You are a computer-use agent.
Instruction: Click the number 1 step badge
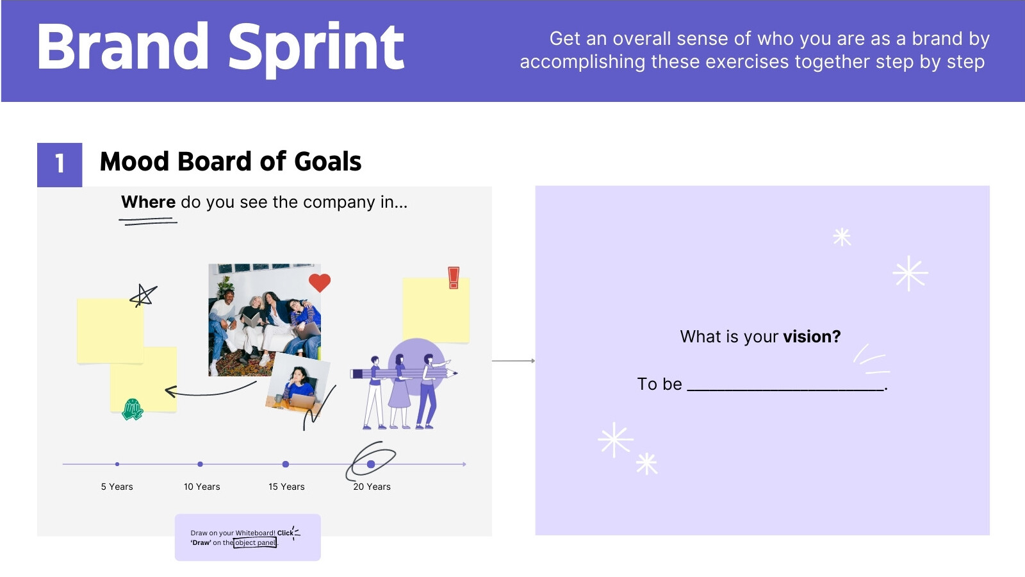click(60, 164)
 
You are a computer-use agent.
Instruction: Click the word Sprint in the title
click(316, 47)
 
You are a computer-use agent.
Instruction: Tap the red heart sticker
click(320, 282)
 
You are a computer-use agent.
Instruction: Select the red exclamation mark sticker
click(454, 278)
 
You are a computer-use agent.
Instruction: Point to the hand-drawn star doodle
click(143, 296)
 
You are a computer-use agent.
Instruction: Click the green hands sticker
click(133, 409)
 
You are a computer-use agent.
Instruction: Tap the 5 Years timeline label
click(117, 487)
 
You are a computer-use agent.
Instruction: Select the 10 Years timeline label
click(202, 487)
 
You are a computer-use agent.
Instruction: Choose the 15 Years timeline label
click(286, 487)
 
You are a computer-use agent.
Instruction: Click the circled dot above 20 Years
click(371, 464)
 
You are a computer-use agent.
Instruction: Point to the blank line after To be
click(785, 388)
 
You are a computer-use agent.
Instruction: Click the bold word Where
click(148, 202)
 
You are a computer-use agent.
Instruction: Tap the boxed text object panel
click(255, 542)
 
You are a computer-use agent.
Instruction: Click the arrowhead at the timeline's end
click(464, 464)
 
